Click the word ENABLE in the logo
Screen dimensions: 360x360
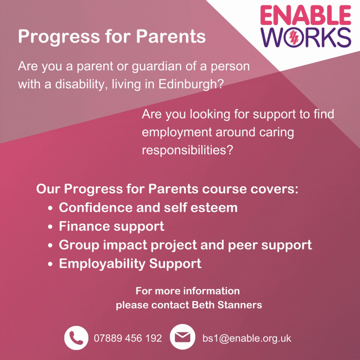306,15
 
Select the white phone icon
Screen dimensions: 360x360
76,338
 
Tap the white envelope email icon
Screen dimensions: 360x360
182,337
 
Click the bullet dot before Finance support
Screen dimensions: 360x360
51,227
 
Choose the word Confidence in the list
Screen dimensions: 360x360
96,207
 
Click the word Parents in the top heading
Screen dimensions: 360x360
171,36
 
